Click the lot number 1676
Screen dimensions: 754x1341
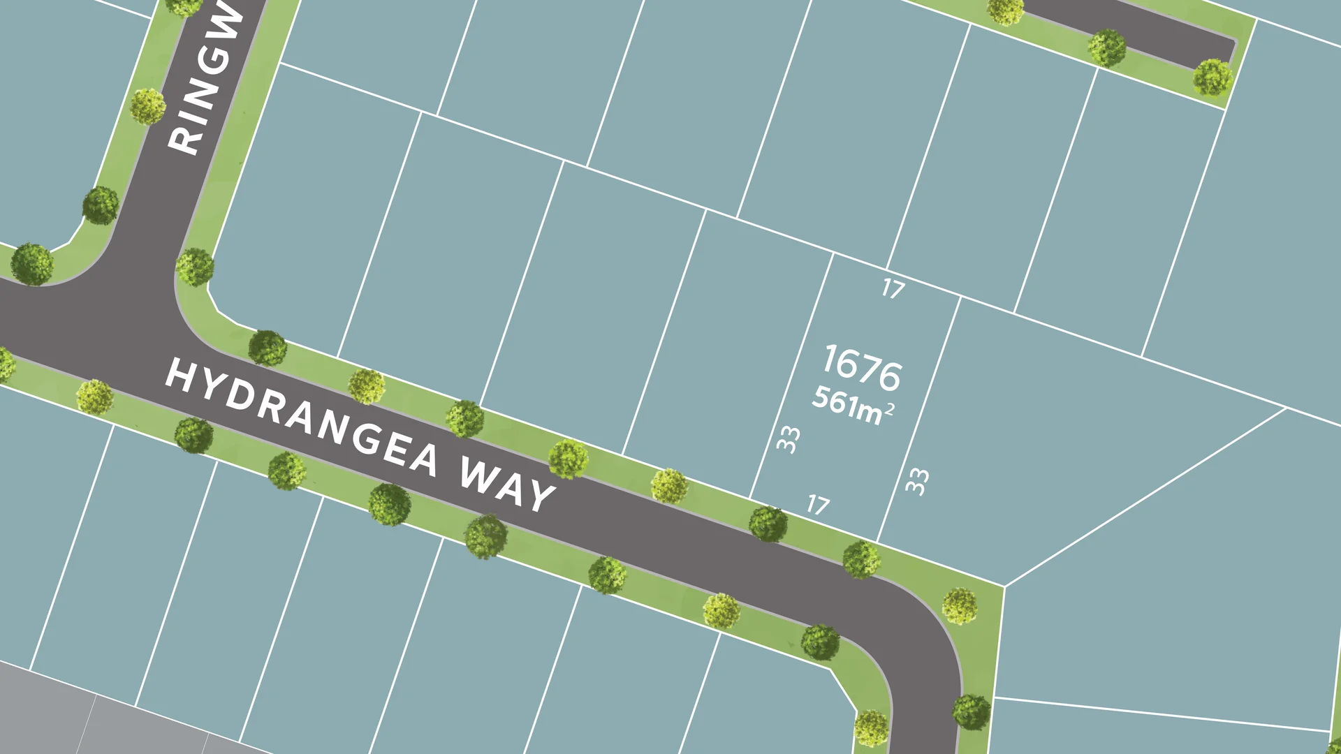click(x=862, y=367)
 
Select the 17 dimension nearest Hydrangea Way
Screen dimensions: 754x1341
click(x=818, y=504)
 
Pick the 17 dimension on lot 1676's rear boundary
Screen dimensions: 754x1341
click(x=893, y=288)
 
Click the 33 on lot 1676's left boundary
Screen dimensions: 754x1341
click(x=789, y=440)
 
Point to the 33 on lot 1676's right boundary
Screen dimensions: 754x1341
click(x=917, y=481)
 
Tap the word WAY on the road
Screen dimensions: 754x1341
click(x=507, y=485)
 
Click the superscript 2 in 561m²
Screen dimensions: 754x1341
click(x=889, y=410)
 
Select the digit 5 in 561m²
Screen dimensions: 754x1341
click(x=821, y=395)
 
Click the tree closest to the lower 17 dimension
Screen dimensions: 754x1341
click(x=768, y=524)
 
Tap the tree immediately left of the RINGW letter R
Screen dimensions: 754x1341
click(x=147, y=106)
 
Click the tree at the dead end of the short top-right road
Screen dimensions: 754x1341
click(x=1212, y=77)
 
